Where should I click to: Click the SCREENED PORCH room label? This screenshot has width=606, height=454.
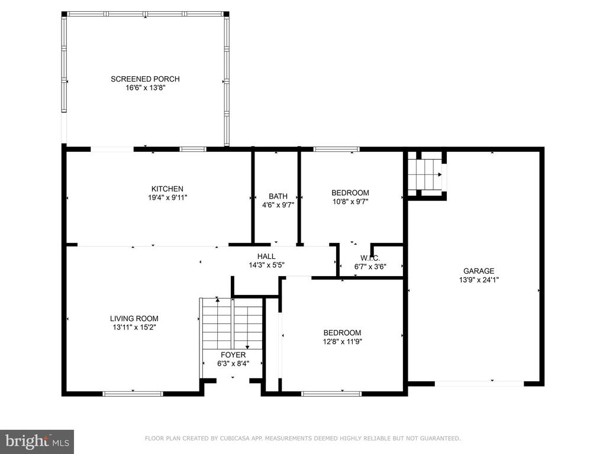coord(145,79)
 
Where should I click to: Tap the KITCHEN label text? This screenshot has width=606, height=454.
coord(167,189)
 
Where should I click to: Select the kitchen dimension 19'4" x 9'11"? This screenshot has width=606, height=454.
coord(167,197)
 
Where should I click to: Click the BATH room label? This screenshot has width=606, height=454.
coord(278,196)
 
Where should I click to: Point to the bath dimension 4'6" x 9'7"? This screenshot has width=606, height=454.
coord(278,205)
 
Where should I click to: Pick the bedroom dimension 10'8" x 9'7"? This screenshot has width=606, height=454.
coord(350,202)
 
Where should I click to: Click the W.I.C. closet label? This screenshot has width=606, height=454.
coord(370,258)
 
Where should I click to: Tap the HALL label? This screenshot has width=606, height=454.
coord(266,257)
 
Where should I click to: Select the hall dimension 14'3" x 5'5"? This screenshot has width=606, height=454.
coord(267,265)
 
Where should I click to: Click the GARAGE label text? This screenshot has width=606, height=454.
coord(479,271)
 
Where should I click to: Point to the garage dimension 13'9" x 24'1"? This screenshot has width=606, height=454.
coord(479,280)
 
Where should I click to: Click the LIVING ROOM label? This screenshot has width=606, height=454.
coord(134,319)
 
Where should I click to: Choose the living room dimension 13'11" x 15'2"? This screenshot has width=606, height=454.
coord(134,327)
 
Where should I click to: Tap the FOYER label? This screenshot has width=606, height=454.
coord(233,355)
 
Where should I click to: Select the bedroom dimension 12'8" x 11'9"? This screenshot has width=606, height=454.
coord(343,342)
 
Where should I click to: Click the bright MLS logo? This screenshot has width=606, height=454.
coord(37,441)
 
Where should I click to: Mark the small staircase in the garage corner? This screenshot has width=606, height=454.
coord(425,174)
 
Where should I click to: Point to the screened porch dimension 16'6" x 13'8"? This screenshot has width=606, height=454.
coord(146,88)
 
